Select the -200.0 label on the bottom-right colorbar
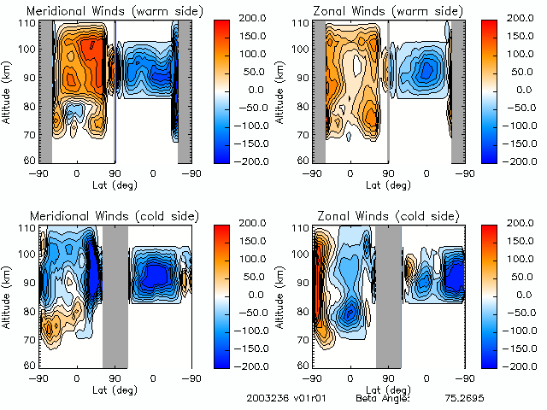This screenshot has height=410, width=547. click(x=521, y=365)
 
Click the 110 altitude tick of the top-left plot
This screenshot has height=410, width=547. click(x=28, y=23)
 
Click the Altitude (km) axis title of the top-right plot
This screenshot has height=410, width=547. click(x=281, y=91)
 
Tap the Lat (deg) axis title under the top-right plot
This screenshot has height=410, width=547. click(x=387, y=183)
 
